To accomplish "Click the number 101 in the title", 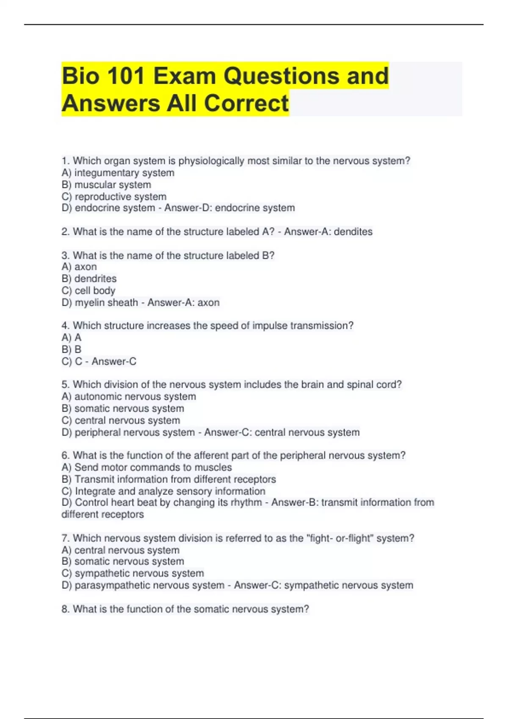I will pos(126,76).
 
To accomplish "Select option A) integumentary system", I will pos(118,173).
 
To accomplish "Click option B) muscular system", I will pos(106,185).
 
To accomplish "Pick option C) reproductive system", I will pos(114,197).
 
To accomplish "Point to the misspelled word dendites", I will pos(353,232).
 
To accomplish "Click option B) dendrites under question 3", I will pos(89,279).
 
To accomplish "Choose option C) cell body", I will pos(88,291).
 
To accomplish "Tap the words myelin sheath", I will pos(106,302).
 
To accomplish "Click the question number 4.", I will pos(65,326).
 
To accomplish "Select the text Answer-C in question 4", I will pos(114,361).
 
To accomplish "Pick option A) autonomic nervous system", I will pos(129,396).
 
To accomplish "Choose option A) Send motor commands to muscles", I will pos(146,467).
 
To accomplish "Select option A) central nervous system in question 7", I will pos(120,550).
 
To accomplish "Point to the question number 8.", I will pos(65,609).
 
